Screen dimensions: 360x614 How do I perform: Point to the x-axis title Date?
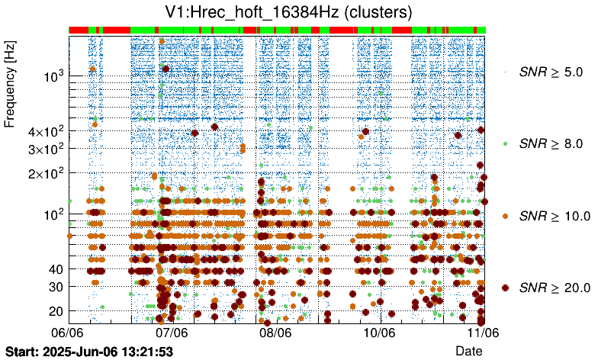tap(468, 350)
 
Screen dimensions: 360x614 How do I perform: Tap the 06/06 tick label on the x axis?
tap(68, 333)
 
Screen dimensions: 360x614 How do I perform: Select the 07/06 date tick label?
tap(172, 333)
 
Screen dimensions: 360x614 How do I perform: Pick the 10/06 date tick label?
tap(379, 333)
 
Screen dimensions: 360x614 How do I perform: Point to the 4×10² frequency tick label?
tap(44, 132)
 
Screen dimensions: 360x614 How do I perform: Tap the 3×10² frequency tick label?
tap(44, 148)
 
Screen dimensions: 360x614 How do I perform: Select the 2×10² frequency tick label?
tap(44, 173)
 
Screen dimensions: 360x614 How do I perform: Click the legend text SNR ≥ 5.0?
tap(551, 72)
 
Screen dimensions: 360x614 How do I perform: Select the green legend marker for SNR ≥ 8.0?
tap(505, 143)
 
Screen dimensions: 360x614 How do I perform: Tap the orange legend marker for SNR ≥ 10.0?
tap(505, 216)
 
